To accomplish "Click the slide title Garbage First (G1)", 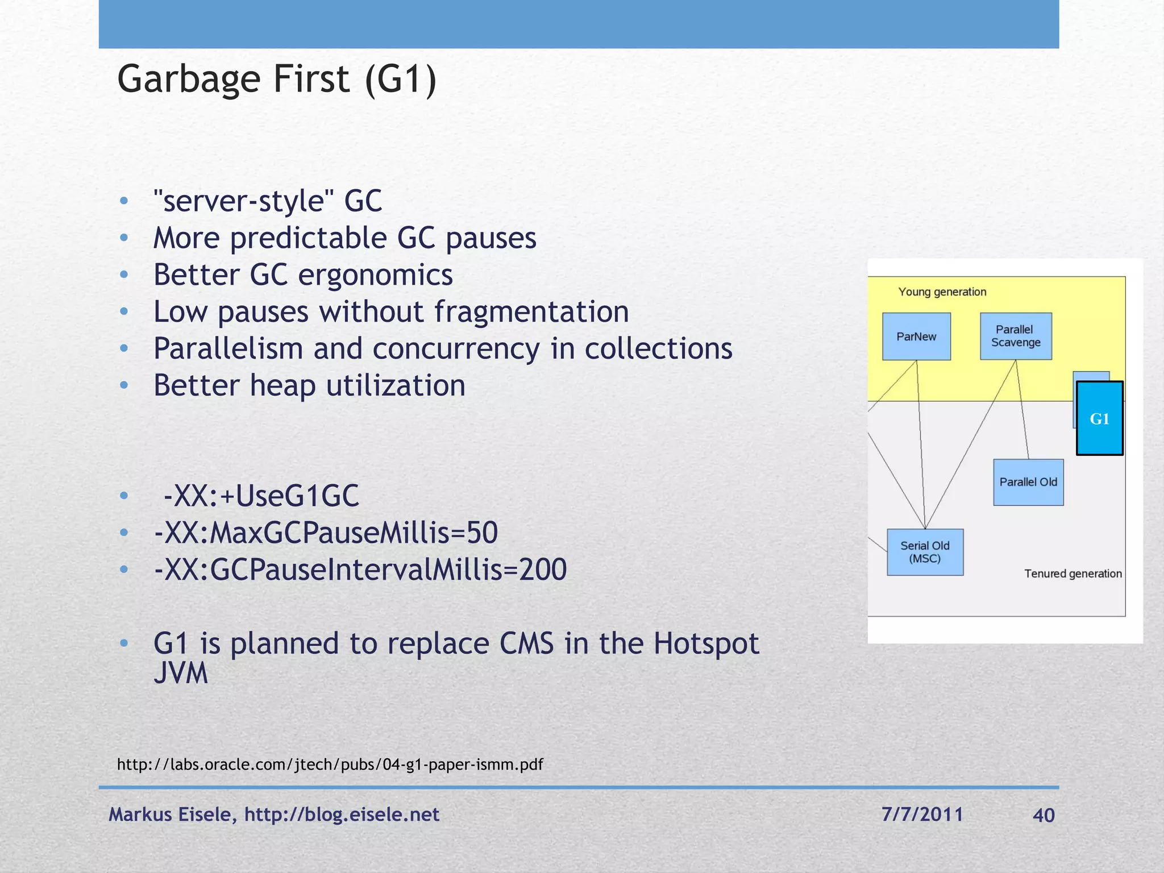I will (277, 79).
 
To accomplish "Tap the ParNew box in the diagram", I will (916, 336).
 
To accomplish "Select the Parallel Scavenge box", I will (1016, 336).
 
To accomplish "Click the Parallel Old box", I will (1028, 482).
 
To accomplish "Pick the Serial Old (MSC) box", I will (925, 552).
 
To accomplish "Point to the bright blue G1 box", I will (1099, 418).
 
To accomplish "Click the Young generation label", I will (942, 292).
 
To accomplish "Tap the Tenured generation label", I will (1072, 573).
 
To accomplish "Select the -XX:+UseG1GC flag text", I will (261, 496).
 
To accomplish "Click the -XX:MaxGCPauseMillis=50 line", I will (326, 533).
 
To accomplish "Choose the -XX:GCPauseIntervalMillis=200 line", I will (360, 569).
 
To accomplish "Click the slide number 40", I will (1044, 815).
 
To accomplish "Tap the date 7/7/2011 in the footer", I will (922, 814).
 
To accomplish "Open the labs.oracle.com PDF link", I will (330, 764).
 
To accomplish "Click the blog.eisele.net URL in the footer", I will (342, 814).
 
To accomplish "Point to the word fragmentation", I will (531, 312).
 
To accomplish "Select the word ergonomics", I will (375, 275).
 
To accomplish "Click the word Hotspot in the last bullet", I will (706, 644).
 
